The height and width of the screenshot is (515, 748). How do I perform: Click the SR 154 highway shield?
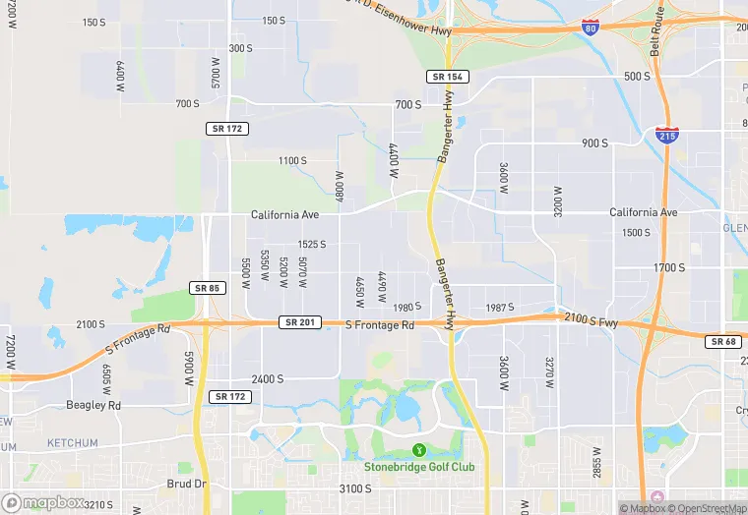pos(448,77)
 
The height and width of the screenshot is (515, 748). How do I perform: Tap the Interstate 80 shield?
pos(590,28)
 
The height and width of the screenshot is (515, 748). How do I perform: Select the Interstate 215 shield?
pos(666,135)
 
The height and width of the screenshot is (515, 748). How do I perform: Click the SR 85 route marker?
pos(207,288)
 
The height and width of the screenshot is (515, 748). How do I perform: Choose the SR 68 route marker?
pos(721,341)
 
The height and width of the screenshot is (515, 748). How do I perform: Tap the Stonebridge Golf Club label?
pos(419,466)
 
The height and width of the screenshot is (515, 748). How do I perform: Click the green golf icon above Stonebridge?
pos(419,450)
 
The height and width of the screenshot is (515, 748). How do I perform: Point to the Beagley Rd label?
pos(93,405)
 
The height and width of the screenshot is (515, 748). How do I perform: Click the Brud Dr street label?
pos(186,484)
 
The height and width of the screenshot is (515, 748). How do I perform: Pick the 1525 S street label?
pos(311,244)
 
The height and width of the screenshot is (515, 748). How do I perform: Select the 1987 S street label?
pos(500,308)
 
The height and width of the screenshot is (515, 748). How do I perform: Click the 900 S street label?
pos(595,143)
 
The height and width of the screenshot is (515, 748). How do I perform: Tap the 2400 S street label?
pos(267,378)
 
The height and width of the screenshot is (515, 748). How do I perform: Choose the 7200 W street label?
pos(10,352)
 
